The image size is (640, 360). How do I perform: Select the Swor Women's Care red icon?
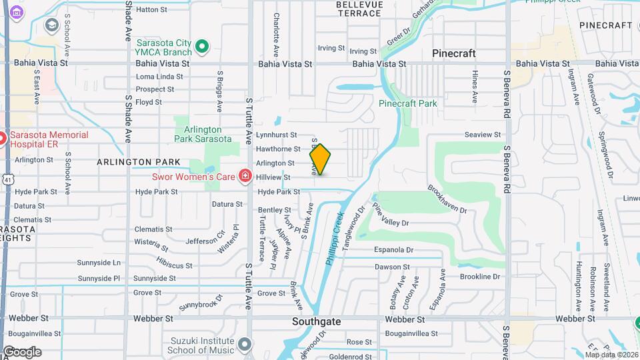click(245, 176)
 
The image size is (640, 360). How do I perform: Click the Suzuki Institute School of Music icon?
click(245, 344)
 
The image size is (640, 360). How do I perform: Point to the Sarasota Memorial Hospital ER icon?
click(2, 139)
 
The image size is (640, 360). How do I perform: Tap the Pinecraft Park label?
click(408, 103)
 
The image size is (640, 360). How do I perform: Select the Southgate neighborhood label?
click(317, 321)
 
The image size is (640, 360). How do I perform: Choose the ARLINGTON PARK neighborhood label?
click(138, 162)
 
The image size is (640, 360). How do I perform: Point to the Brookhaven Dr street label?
click(448, 199)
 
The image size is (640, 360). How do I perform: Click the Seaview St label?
click(482, 135)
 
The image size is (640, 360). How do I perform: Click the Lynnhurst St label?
click(276, 135)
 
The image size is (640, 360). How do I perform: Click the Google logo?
click(22, 352)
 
